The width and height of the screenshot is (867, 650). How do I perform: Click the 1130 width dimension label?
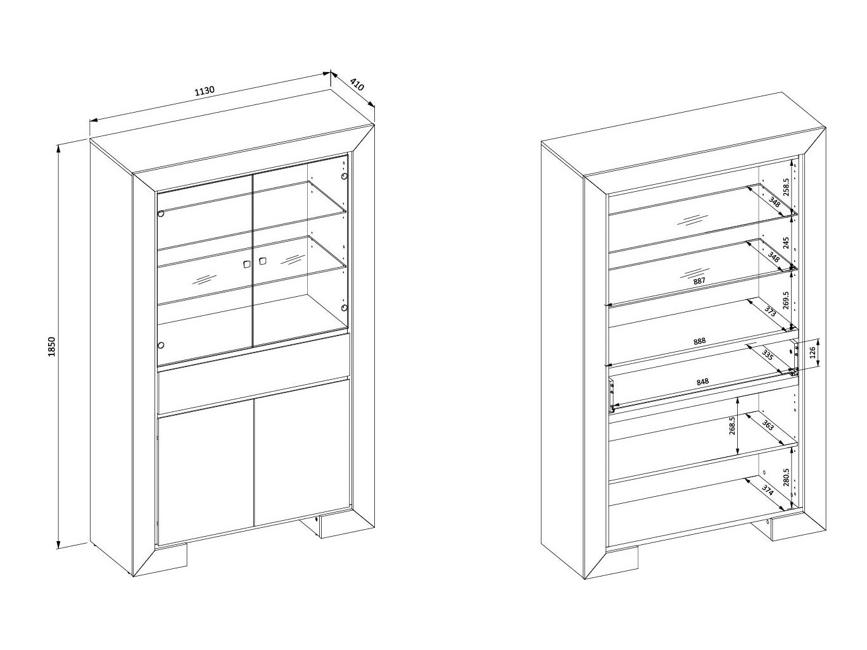[205, 91]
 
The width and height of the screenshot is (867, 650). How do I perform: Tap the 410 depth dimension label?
[357, 85]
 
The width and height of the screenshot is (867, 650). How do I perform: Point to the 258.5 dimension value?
[786, 187]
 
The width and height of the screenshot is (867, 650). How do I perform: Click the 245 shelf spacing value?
[786, 243]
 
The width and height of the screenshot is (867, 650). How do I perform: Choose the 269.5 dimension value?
[786, 301]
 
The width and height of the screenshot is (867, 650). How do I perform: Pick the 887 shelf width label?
[699, 281]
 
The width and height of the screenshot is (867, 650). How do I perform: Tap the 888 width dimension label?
[699, 341]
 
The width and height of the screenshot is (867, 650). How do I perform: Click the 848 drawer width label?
[702, 382]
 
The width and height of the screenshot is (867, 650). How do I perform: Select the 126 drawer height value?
[812, 352]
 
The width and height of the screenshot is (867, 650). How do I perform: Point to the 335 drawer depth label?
[768, 355]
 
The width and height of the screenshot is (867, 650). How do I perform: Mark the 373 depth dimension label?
[770, 311]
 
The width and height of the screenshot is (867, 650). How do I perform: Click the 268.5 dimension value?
[731, 425]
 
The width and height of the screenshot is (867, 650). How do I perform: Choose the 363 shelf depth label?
[768, 426]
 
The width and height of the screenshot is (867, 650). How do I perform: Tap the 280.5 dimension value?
[786, 478]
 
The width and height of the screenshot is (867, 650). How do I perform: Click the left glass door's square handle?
[246, 264]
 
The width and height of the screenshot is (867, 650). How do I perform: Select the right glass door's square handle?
[262, 261]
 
